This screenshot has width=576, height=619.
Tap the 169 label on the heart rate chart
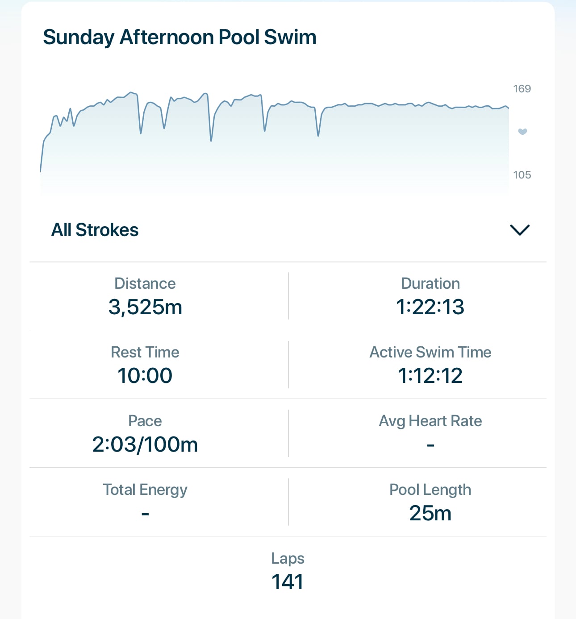522,89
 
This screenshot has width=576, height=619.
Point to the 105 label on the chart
522,175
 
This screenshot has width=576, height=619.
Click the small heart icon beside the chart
523,132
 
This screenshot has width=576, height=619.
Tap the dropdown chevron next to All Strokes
520,230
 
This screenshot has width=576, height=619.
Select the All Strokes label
95,230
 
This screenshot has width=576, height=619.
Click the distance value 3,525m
145,307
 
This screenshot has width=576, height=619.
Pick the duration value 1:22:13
430,307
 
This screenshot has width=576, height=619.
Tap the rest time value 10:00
145,376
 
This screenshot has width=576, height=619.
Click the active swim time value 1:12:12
430,376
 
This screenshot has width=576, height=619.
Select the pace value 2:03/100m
145,444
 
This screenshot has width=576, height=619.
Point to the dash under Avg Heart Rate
430,445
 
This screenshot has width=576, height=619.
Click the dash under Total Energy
145,514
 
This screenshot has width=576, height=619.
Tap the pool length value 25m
430,513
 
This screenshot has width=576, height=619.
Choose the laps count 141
288,582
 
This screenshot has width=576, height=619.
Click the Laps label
288,559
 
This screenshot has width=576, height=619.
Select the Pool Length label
430,490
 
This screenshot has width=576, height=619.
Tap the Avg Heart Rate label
430,421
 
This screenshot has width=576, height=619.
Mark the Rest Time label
145,352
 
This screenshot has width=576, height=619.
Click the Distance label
145,284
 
